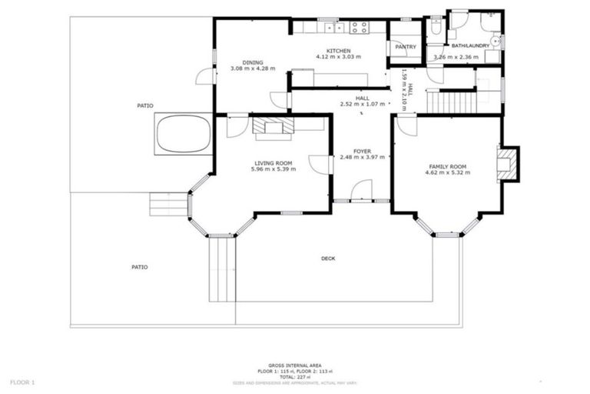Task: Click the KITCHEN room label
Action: click(339, 49)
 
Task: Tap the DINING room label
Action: click(252, 62)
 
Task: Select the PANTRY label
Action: click(405, 47)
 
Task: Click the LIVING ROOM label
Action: click(273, 162)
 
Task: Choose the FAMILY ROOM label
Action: click(448, 166)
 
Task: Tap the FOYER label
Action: click(362, 151)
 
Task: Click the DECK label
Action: click(328, 259)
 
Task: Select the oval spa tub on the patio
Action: click(184, 134)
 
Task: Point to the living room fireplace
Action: click(273, 127)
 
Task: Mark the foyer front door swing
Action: click(361, 190)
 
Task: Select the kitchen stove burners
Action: click(359, 27)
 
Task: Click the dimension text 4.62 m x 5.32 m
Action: click(448, 173)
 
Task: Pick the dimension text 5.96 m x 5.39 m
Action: click(273, 169)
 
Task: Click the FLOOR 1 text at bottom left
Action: click(22, 381)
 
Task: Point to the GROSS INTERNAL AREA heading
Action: click(294, 366)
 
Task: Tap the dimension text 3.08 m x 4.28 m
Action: click(252, 69)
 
